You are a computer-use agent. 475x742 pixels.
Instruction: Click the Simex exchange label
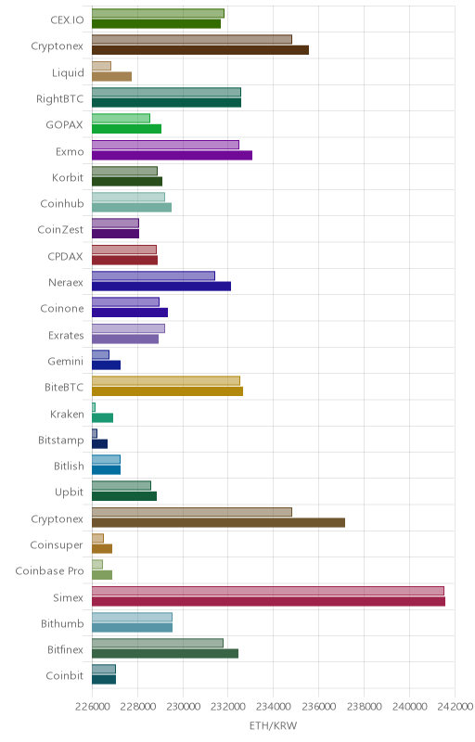tap(68, 597)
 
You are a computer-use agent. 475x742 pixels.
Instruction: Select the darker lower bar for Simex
tap(268, 601)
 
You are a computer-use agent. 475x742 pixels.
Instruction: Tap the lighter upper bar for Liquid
tap(101, 66)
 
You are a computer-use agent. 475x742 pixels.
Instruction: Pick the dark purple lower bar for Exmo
tap(172, 155)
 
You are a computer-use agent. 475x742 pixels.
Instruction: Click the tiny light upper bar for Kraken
tap(94, 407)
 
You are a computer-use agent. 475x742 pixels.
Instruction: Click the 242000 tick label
tap(456, 706)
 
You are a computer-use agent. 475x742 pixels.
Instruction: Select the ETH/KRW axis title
tap(273, 725)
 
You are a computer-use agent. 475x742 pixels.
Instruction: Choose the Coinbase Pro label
tap(49, 570)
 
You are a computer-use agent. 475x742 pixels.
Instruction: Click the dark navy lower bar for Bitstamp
tap(99, 444)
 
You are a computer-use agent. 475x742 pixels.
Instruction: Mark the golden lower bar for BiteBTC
tap(167, 391)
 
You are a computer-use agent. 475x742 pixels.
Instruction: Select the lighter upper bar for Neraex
tap(153, 275)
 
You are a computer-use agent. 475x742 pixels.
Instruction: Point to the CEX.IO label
tap(67, 19)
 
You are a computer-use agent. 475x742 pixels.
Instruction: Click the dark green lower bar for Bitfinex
tap(165, 654)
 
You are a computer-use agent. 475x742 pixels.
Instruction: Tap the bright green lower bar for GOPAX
tap(126, 129)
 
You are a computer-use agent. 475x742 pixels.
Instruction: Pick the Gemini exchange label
tap(65, 362)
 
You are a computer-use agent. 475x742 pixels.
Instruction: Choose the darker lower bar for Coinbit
tap(104, 680)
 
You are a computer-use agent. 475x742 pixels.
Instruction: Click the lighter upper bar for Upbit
tap(122, 485)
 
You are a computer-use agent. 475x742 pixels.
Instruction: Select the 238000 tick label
tap(365, 706)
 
